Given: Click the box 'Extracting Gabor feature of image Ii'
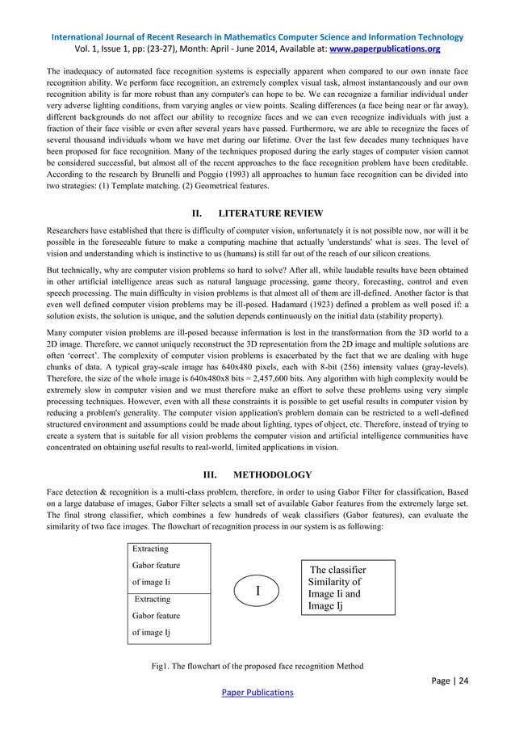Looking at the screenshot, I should pyautogui.click(x=169, y=565).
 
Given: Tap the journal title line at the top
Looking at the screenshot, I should pyautogui.click(x=257, y=36).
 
